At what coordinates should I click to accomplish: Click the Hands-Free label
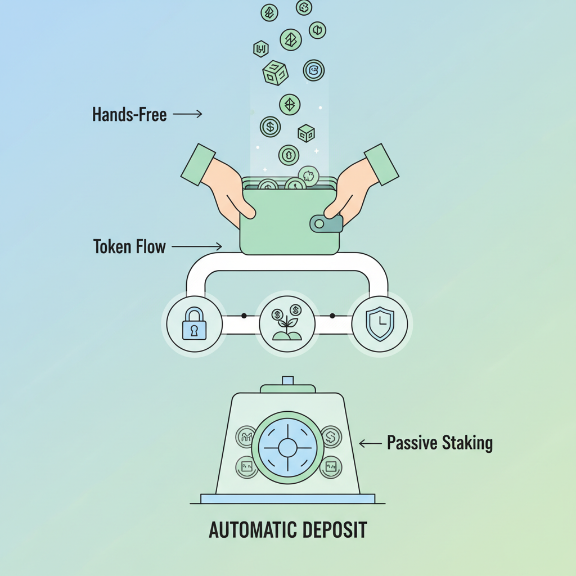tap(129, 115)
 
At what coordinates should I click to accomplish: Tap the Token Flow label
tap(129, 246)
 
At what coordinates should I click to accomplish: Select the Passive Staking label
tap(439, 443)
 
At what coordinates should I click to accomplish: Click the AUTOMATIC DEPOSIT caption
tap(287, 530)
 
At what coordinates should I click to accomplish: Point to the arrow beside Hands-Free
tap(187, 114)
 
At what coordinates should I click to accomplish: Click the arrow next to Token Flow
tap(196, 246)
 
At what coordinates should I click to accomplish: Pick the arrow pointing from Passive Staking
tap(370, 443)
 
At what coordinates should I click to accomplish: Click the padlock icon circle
tap(194, 325)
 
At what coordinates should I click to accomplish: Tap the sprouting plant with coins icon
tap(287, 325)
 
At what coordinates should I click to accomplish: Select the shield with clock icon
tap(380, 325)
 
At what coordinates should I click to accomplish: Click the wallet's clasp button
tap(325, 224)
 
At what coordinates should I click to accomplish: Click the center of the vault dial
tap(287, 448)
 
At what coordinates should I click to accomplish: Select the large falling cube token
tap(275, 73)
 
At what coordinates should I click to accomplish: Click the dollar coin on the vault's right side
tap(331, 436)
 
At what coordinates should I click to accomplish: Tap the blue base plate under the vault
tap(287, 498)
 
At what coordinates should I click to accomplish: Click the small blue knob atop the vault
tap(287, 381)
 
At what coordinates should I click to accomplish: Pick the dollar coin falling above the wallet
tap(270, 127)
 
